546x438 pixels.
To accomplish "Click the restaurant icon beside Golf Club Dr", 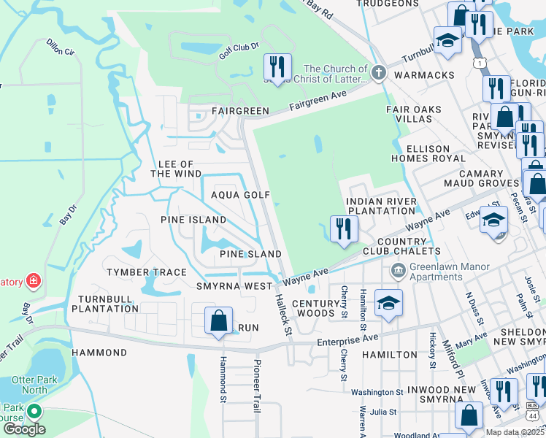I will point(277,67).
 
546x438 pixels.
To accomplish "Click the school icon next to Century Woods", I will point(388,302).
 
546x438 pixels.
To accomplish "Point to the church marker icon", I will point(377,72).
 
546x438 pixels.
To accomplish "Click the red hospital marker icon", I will point(32,280).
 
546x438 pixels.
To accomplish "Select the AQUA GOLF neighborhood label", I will point(240,195).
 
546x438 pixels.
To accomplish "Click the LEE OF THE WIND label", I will point(172,169).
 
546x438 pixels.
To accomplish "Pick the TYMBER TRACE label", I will point(147,272).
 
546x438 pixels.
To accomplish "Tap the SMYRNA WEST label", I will point(234,286).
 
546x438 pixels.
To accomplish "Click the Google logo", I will point(24,429).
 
